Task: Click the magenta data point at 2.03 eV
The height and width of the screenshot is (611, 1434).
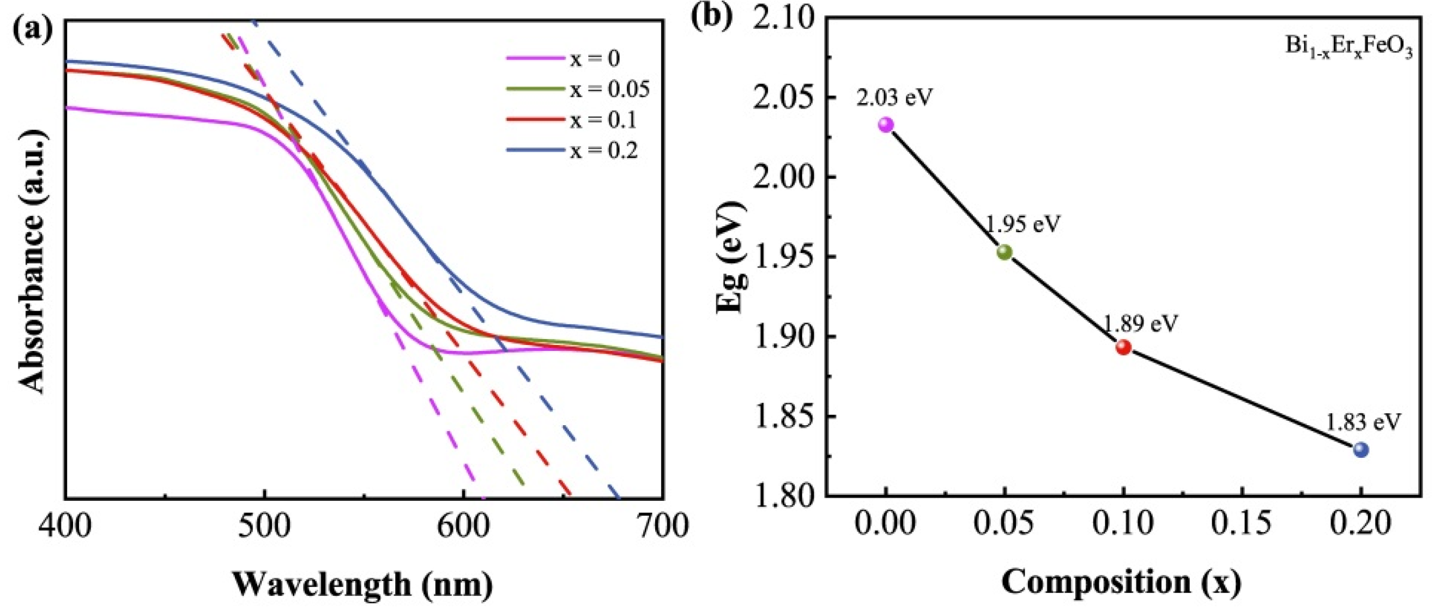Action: tap(886, 125)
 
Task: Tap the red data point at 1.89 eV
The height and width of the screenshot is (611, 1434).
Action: tap(1123, 347)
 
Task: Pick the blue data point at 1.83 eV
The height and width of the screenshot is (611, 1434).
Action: tap(1361, 449)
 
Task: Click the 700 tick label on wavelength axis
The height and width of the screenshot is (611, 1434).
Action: tap(662, 526)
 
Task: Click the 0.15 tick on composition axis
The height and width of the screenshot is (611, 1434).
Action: tap(1242, 523)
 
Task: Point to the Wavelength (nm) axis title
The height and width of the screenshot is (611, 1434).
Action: tap(362, 584)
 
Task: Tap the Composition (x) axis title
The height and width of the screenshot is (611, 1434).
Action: tap(1121, 582)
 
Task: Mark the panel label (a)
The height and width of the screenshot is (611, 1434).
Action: tap(33, 28)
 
